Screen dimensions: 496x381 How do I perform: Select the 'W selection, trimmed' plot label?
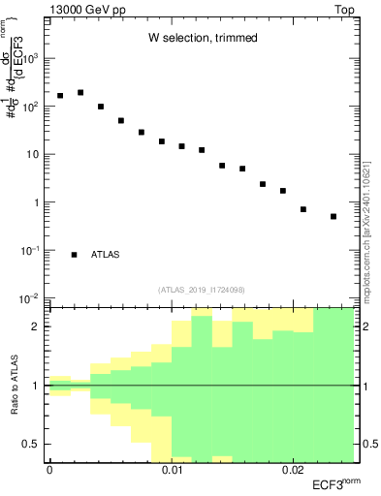(x=203, y=38)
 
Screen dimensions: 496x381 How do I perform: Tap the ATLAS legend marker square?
(x=75, y=255)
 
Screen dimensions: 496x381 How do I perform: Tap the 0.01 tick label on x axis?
(x=172, y=470)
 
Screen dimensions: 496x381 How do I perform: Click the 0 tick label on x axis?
(x=49, y=470)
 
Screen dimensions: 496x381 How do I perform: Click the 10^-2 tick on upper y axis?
(x=31, y=298)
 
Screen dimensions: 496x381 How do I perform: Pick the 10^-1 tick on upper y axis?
(x=31, y=250)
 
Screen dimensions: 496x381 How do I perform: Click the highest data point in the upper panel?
(x=80, y=93)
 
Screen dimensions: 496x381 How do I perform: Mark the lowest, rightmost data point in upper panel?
(x=333, y=217)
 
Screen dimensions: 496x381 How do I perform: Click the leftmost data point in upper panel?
(x=60, y=96)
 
